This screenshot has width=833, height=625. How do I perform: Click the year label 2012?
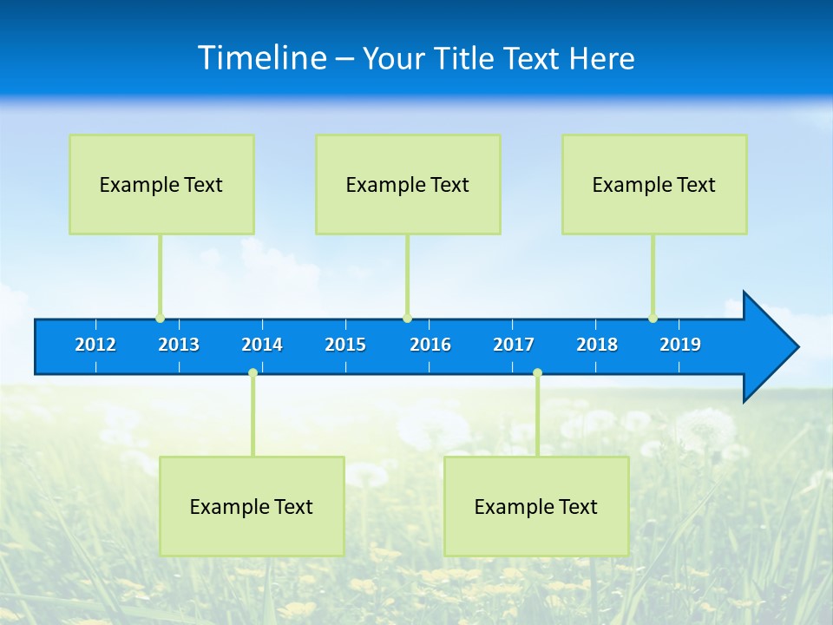[x=95, y=345]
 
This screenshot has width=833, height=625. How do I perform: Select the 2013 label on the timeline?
[x=179, y=345]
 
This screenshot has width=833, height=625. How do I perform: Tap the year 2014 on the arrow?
[x=262, y=345]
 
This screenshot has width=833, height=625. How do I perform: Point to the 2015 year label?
[x=345, y=345]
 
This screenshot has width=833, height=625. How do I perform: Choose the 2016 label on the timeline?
[x=430, y=345]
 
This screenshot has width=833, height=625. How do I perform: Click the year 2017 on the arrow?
[x=514, y=345]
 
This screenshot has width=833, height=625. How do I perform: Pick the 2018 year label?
[x=597, y=345]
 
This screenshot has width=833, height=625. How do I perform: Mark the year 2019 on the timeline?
[x=680, y=345]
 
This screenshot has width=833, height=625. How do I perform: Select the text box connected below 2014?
[x=252, y=506]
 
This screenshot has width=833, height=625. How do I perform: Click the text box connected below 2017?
[x=536, y=506]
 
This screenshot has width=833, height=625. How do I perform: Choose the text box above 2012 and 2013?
[x=161, y=184]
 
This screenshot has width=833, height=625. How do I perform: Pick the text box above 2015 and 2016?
[x=408, y=184]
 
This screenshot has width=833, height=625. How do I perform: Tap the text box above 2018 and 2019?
[x=654, y=184]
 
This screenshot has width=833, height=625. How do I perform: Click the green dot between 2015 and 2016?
[x=407, y=319]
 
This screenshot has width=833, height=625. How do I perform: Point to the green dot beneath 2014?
[x=253, y=373]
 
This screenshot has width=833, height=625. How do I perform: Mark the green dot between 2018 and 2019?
[x=653, y=319]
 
